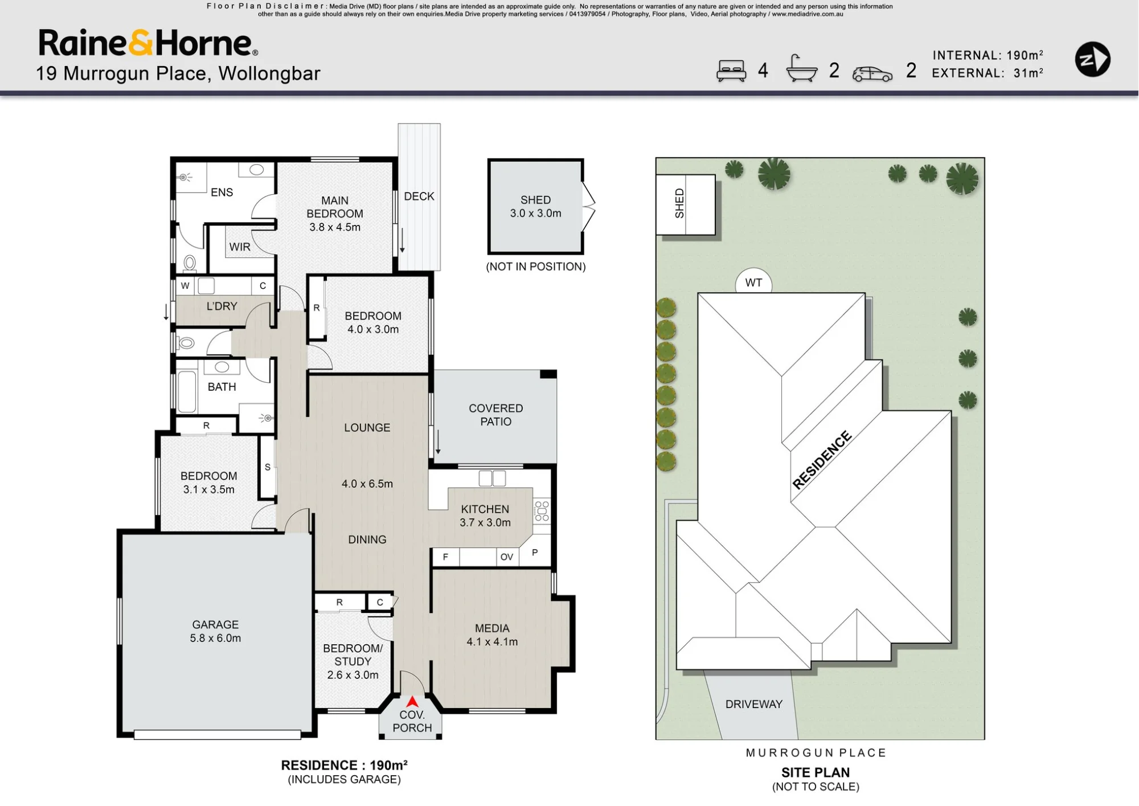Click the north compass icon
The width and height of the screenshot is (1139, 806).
(x=1092, y=59)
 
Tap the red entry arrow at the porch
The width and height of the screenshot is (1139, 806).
(x=412, y=702)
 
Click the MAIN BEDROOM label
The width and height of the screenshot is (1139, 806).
(x=335, y=207)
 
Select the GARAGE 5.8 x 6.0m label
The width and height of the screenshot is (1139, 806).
(x=215, y=631)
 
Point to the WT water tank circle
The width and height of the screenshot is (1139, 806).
(x=753, y=282)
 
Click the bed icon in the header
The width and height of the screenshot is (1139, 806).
(x=731, y=71)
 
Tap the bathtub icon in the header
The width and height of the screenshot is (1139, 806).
(x=801, y=69)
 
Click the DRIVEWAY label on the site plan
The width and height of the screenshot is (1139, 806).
(x=753, y=704)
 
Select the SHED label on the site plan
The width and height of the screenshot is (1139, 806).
(x=679, y=204)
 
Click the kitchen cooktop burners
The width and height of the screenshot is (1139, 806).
(x=542, y=511)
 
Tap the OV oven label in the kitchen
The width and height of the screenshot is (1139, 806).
(x=506, y=557)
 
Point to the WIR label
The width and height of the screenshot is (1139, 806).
(x=240, y=247)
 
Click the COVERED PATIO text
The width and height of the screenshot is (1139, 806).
(x=495, y=415)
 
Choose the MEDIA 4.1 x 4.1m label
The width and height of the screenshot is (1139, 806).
(x=492, y=635)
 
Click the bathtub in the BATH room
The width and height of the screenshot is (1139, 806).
(x=187, y=391)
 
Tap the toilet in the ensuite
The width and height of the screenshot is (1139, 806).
(x=190, y=263)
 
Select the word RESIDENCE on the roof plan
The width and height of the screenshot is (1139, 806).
(x=822, y=460)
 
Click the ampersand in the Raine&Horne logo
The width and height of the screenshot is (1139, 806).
(x=141, y=43)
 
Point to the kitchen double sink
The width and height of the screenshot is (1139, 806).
(x=492, y=478)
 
